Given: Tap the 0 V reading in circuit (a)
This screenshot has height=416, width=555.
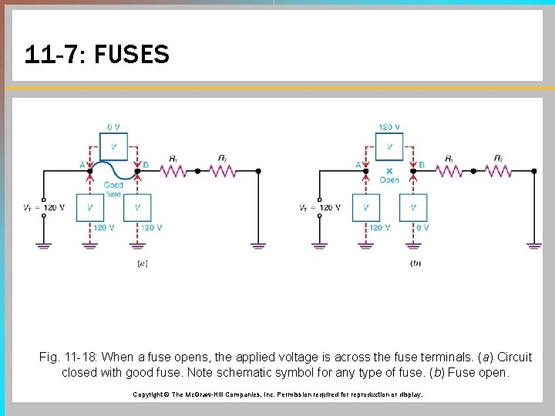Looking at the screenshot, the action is pyautogui.click(x=113, y=126).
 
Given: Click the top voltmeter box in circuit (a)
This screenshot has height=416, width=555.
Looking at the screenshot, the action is pyautogui.click(x=114, y=146).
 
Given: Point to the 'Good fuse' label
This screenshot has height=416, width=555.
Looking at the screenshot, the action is pyautogui.click(x=113, y=190).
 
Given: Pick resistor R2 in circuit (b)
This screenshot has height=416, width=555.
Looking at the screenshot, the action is pyautogui.click(x=499, y=170).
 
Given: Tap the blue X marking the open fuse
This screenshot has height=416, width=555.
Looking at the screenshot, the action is pyautogui.click(x=389, y=171).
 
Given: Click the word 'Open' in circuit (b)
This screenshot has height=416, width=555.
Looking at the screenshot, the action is pyautogui.click(x=389, y=180).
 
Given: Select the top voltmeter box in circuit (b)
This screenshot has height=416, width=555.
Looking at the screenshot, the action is pyautogui.click(x=389, y=146).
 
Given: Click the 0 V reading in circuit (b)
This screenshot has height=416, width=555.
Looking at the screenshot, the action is pyautogui.click(x=422, y=228).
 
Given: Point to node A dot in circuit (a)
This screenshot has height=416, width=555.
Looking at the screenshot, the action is pyautogui.click(x=90, y=171).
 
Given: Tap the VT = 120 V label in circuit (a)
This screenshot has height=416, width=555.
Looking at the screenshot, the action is pyautogui.click(x=43, y=207).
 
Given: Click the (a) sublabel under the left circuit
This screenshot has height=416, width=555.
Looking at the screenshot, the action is pyautogui.click(x=142, y=263).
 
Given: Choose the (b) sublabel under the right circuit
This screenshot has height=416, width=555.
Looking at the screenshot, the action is pyautogui.click(x=416, y=263).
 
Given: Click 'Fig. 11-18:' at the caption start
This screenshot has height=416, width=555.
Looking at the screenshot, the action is pyautogui.click(x=68, y=357).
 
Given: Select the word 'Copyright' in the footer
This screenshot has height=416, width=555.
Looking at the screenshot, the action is pyautogui.click(x=148, y=394).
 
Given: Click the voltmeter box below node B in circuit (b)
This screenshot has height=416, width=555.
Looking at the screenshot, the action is pyautogui.click(x=413, y=207).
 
